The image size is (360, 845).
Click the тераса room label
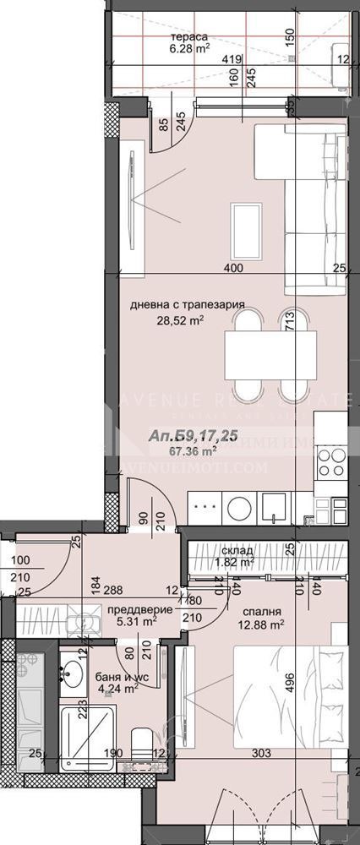(190, 37)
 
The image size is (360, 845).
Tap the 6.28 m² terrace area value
(190, 49)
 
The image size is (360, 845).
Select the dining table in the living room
(270, 355)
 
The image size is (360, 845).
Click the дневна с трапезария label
(187, 305)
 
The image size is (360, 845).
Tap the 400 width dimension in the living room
(234, 268)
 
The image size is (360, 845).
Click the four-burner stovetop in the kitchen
(330, 461)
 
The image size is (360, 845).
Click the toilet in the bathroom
(142, 744)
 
